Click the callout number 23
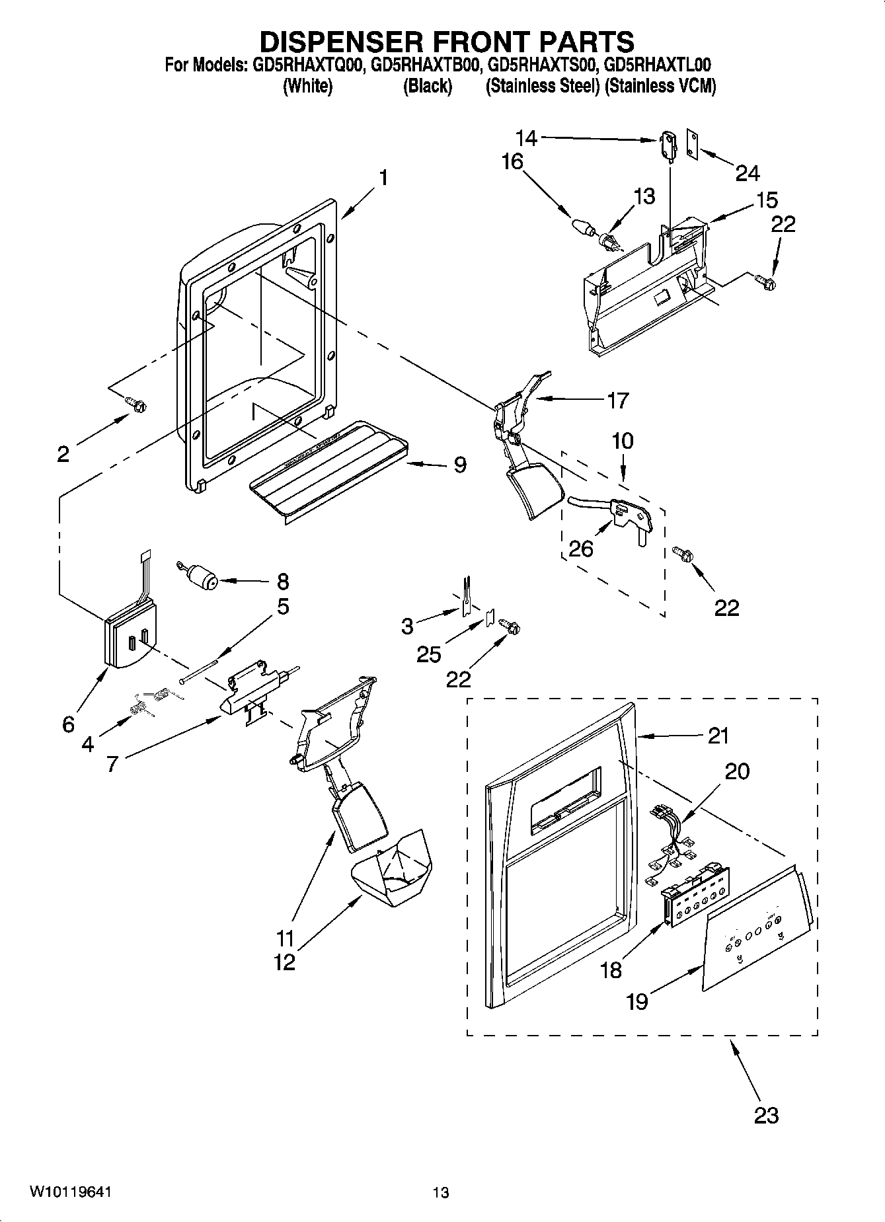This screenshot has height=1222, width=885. click(766, 1116)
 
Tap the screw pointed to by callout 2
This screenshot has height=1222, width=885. click(137, 404)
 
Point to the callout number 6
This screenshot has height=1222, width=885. click(68, 724)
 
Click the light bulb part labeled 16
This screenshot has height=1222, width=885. click(582, 226)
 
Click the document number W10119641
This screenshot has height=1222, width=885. click(69, 1192)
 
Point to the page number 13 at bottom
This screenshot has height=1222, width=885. click(441, 1192)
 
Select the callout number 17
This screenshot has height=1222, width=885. click(617, 400)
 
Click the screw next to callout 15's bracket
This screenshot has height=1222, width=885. click(767, 283)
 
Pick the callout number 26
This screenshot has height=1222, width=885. click(582, 547)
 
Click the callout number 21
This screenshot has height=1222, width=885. click(718, 735)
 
